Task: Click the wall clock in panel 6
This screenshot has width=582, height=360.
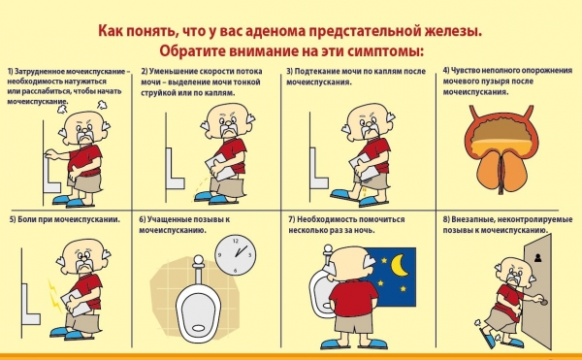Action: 236,254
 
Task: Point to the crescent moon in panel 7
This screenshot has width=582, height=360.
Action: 401,265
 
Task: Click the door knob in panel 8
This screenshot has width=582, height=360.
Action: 544,303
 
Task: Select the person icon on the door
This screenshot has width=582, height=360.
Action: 537,257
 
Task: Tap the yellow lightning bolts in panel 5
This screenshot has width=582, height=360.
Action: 54,296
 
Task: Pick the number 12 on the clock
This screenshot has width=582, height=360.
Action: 236,241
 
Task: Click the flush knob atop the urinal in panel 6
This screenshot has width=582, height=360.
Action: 198,261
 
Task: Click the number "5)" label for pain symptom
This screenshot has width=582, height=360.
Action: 13,219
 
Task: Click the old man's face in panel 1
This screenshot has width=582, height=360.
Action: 85,130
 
